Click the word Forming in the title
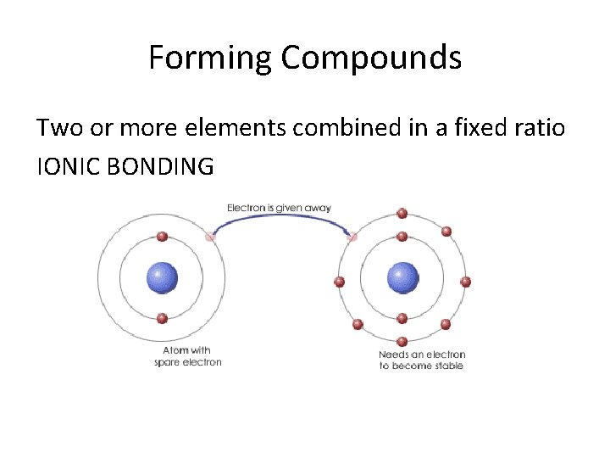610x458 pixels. pos(210,59)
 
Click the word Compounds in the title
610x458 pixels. pos(371,59)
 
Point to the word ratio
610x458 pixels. pos(543,128)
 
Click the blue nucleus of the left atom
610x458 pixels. pos(162,277)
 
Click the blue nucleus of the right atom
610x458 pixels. pos(402,277)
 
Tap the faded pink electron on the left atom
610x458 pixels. pos(210,237)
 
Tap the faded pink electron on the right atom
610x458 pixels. pos(352,237)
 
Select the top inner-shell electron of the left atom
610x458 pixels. pos(162,237)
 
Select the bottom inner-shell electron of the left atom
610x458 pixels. pos(162,319)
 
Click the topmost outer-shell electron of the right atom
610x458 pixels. pos(402,213)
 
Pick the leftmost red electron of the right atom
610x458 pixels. pos(339,282)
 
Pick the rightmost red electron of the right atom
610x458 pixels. pos(465,282)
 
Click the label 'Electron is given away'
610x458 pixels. pos(279,207)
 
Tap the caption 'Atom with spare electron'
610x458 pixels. pos(188,356)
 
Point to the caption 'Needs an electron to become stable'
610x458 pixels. pos(422,360)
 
